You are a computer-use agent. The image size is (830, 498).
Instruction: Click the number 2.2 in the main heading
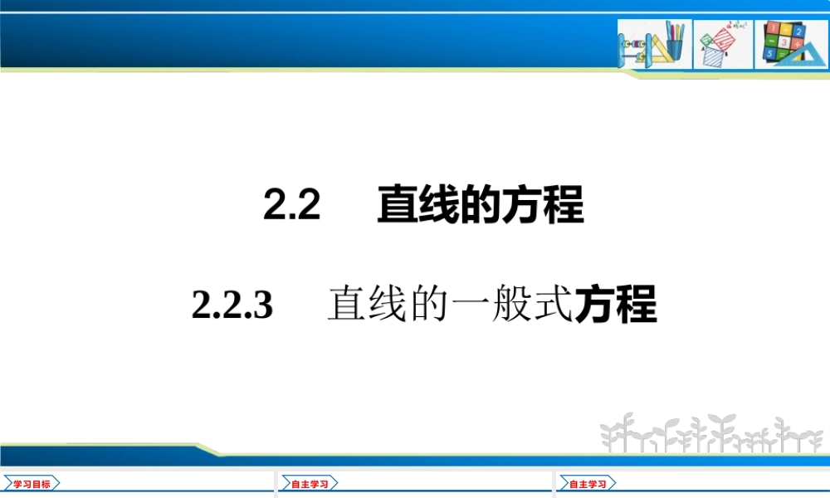[x=292, y=204]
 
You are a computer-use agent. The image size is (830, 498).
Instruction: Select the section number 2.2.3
[x=232, y=305]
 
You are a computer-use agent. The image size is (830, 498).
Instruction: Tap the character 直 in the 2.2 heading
[x=398, y=204]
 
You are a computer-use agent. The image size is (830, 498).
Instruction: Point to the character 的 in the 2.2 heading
[x=481, y=204]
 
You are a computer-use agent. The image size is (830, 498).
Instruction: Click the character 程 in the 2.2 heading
[x=564, y=204]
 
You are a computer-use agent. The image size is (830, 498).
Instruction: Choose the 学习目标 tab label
[x=32, y=483]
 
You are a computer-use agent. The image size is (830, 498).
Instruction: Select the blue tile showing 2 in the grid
[x=798, y=31]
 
